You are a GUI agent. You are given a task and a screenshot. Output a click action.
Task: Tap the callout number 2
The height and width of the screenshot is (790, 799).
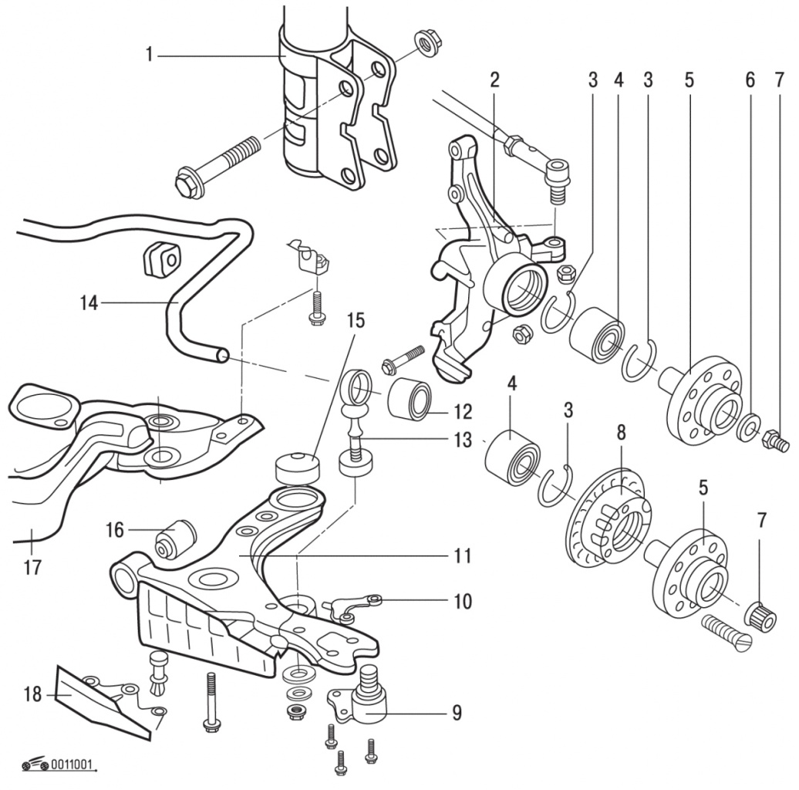[494, 79]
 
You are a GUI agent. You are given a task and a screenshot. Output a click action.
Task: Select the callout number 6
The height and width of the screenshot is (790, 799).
[749, 79]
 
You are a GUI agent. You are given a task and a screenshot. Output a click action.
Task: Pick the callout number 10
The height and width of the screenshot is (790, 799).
[463, 601]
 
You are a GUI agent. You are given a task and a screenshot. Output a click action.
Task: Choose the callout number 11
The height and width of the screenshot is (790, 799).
[462, 555]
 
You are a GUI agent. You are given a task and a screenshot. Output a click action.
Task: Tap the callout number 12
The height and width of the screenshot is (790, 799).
[463, 410]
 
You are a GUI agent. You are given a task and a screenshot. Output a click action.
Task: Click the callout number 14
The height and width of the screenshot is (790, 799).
[89, 303]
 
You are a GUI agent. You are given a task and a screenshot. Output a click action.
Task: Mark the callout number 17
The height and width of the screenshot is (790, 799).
[32, 568]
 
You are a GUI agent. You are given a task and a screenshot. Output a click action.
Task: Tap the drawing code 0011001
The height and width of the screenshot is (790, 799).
[74, 766]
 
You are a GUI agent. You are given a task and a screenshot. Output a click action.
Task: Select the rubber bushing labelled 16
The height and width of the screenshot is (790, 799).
[176, 538]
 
